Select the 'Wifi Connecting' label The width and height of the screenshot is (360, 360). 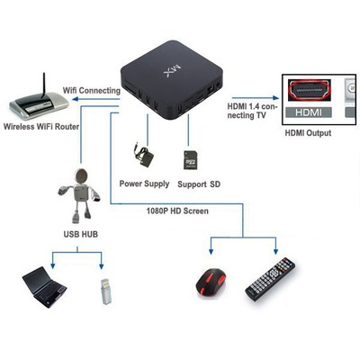[90, 91]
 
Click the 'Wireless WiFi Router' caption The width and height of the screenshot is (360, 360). [41, 126]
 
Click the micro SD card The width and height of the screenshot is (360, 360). [190, 159]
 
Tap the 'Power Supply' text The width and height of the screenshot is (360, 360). [144, 183]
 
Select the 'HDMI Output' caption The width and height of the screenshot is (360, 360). [309, 133]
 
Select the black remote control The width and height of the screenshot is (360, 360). [272, 279]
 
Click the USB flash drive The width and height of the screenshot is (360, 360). [105, 288]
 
